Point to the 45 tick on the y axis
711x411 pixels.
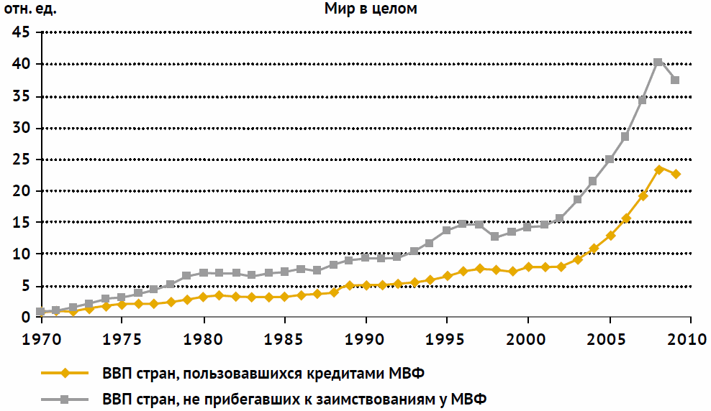click(x=21, y=33)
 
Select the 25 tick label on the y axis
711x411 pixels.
click(x=21, y=160)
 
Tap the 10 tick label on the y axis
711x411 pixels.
click(x=21, y=254)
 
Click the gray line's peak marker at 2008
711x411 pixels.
click(x=658, y=63)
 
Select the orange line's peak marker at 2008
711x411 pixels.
click(x=658, y=170)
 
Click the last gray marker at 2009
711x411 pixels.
click(x=674, y=80)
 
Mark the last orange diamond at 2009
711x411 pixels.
click(x=675, y=174)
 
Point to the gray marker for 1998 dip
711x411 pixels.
click(x=495, y=236)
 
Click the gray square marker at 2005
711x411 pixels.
click(x=609, y=160)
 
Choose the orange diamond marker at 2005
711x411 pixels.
click(x=610, y=236)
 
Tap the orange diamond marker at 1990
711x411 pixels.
click(x=366, y=285)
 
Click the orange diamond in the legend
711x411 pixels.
click(x=65, y=373)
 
